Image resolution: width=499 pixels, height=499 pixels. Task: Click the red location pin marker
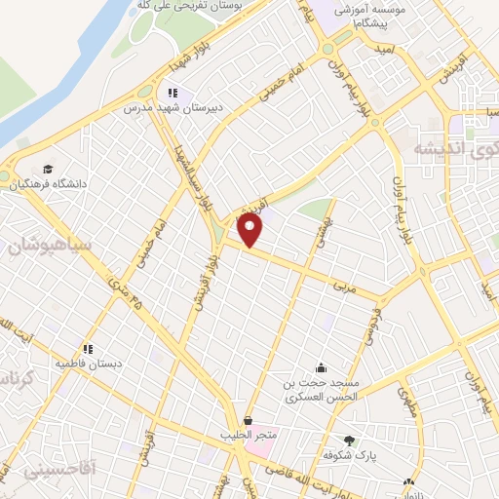tap(250, 230)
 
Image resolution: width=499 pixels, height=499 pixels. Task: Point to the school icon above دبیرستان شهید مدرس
tap(173, 93)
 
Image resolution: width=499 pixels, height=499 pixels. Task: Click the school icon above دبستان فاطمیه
tap(88, 348)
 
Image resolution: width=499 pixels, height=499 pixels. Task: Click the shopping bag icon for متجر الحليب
tap(249, 419)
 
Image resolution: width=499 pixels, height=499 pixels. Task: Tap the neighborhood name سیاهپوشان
tap(50, 244)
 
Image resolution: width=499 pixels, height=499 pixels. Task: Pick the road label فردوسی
tap(371, 326)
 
